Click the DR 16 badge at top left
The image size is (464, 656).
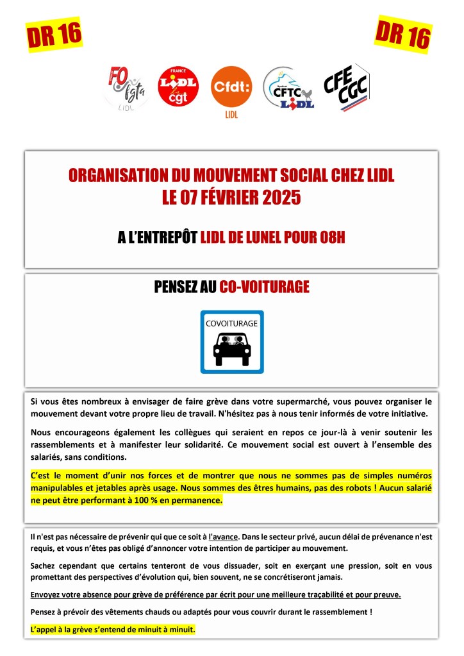54,35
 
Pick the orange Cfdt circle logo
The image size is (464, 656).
231,88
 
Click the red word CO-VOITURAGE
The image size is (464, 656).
264,287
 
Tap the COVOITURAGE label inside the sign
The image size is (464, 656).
231,323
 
